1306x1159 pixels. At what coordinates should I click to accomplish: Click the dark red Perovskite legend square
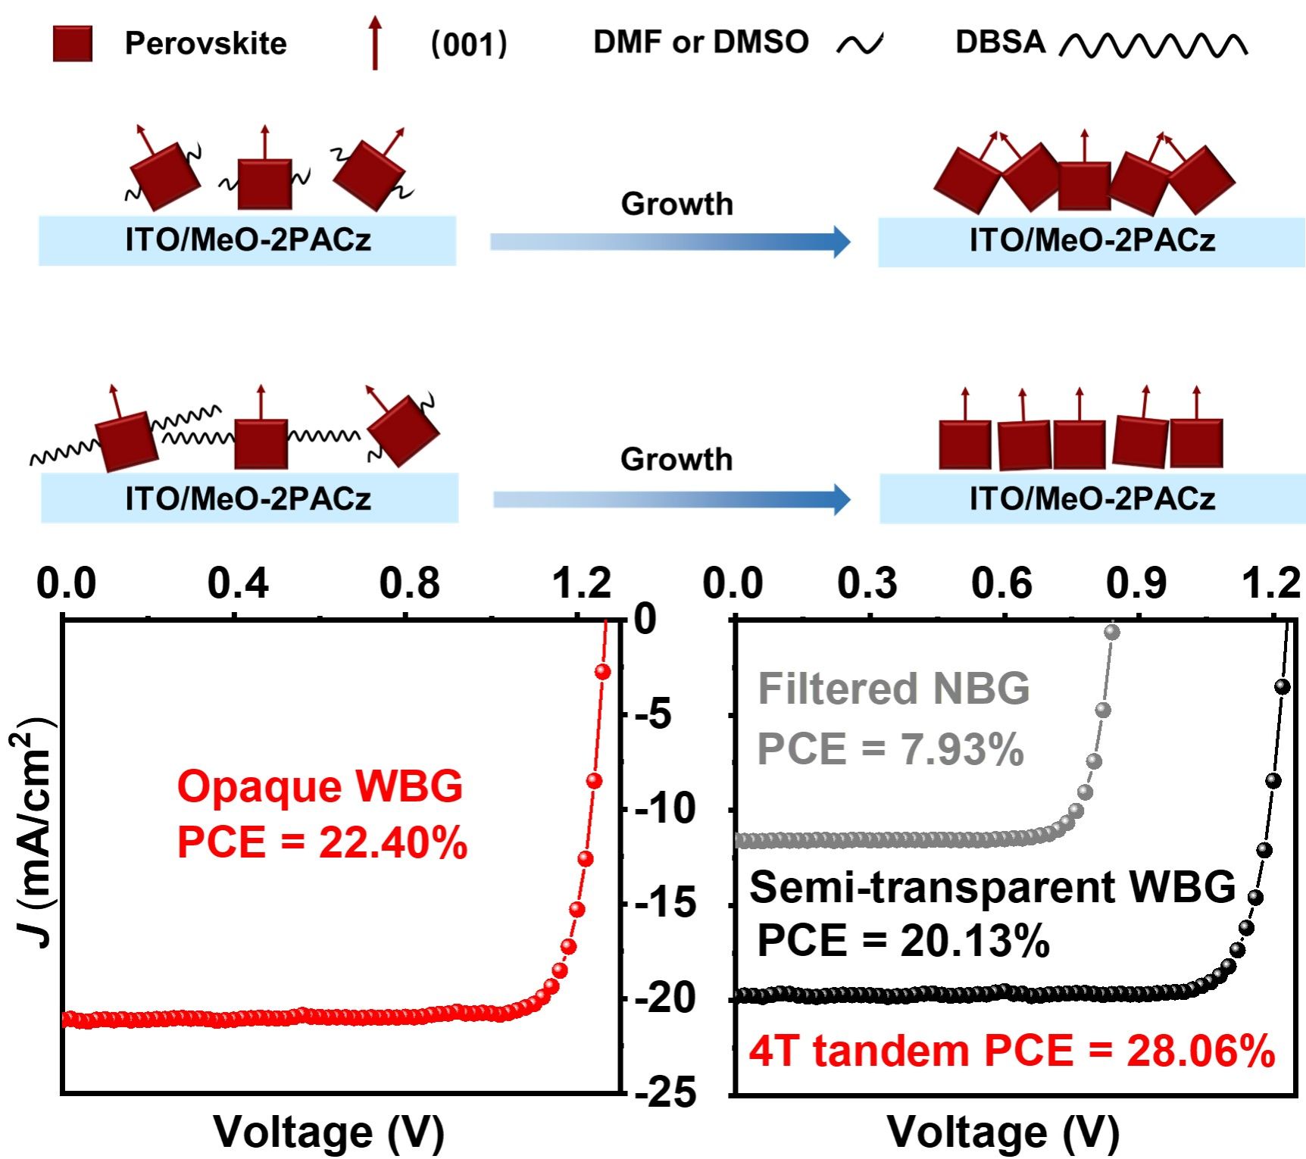point(73,43)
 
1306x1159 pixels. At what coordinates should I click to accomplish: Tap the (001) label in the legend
point(468,44)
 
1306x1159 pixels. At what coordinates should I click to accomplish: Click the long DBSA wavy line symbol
point(1153,46)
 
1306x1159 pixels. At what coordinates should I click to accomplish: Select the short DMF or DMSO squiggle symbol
point(860,45)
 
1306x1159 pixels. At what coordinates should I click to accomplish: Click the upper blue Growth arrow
point(670,242)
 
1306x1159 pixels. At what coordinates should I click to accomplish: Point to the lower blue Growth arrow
point(671,499)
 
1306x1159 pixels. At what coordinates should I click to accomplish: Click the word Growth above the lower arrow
point(676,460)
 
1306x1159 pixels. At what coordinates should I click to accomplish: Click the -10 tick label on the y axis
point(664,809)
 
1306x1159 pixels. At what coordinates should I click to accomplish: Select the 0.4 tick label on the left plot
point(238,584)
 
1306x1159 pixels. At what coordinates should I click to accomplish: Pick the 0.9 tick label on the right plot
point(1136,584)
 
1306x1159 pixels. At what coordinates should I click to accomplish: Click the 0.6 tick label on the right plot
point(1001,584)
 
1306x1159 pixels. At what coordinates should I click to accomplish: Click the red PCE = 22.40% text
point(322,842)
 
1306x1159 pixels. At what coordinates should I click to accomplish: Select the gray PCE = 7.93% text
point(890,749)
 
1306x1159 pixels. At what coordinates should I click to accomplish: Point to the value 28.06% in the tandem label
point(1201,1051)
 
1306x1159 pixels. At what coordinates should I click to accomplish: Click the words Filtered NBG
point(894,689)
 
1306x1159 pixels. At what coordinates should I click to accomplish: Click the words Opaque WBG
point(320,786)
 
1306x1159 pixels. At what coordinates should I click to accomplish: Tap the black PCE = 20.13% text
point(903,941)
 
